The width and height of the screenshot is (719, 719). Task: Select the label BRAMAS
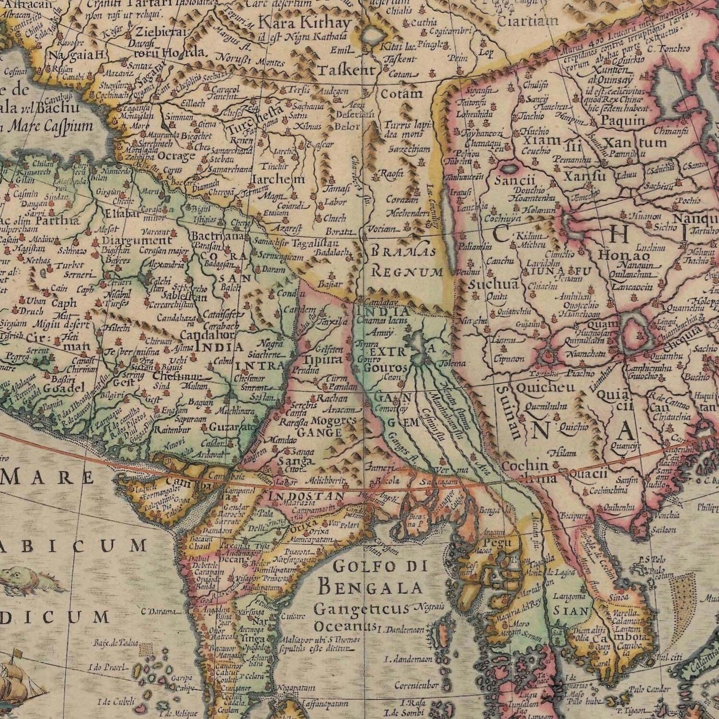point(404,251)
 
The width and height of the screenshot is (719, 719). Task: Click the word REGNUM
point(407,273)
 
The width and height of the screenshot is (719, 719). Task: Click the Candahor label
point(208,335)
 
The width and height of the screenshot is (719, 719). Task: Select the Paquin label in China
point(623,121)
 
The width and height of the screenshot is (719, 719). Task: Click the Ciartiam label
point(527,21)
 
